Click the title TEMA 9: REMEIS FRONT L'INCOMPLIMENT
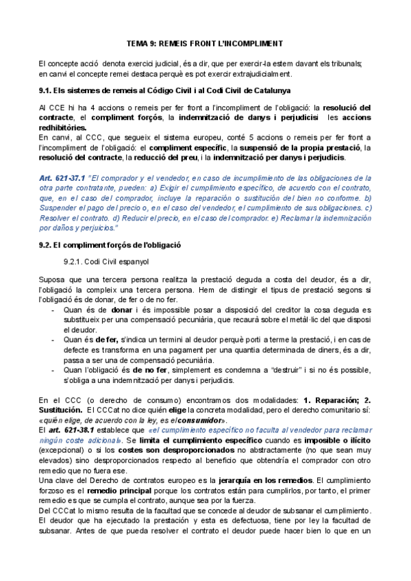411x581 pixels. (x=205, y=43)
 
